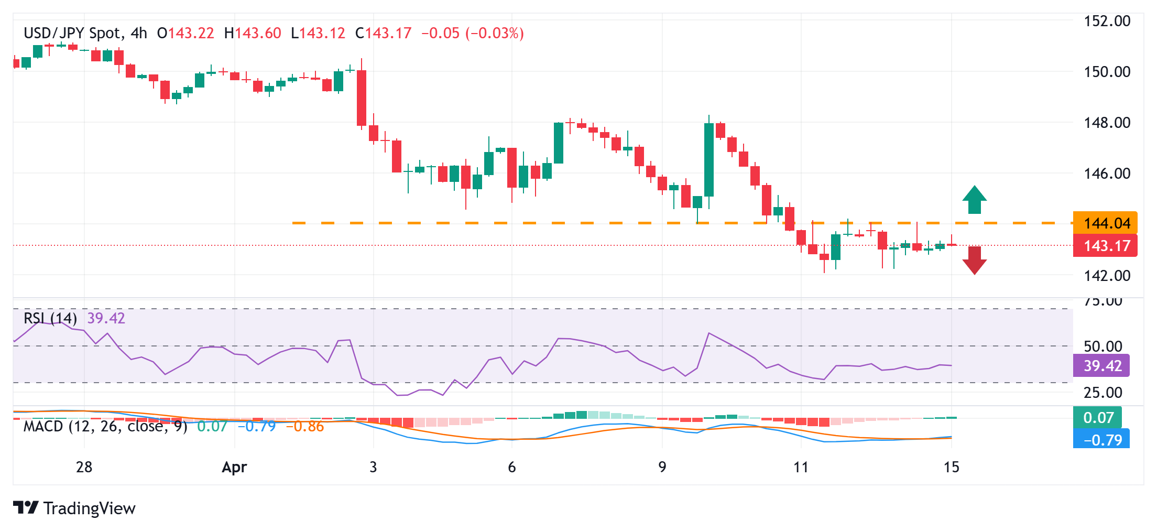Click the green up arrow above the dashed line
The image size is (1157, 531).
click(x=974, y=200)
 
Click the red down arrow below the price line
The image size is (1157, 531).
click(x=974, y=260)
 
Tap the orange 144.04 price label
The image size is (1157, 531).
click(x=1105, y=223)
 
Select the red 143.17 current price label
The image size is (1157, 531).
click(x=1105, y=246)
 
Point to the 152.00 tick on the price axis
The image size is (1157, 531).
click(x=1107, y=21)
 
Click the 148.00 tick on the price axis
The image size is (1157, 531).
click(x=1107, y=123)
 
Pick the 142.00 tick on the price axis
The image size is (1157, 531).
click(x=1107, y=276)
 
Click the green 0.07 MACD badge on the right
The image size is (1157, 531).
click(x=1098, y=418)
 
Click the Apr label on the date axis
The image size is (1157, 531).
click(x=234, y=467)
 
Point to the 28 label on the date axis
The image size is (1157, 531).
click(x=84, y=467)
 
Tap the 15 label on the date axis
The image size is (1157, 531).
click(x=951, y=467)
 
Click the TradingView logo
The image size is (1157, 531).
click(x=74, y=508)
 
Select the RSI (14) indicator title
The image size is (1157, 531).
click(x=50, y=318)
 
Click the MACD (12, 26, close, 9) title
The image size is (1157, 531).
click(x=105, y=426)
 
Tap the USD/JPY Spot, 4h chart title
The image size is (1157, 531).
click(x=85, y=34)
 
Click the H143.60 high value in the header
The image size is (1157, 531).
click(x=253, y=34)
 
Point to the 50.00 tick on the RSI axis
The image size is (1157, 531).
click(x=1103, y=346)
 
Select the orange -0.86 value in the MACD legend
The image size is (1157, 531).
click(x=305, y=427)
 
